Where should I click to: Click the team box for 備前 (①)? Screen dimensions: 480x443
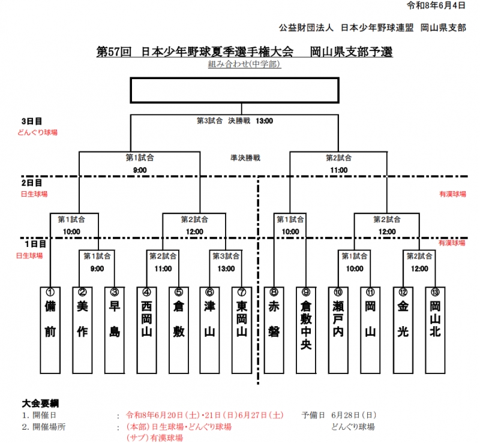pyautogui.click(x=50, y=330)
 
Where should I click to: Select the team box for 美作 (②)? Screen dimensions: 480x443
pyautogui.click(x=82, y=330)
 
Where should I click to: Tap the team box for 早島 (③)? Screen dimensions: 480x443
pyautogui.click(x=115, y=330)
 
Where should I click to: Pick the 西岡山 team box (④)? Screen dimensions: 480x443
pyautogui.click(x=146, y=330)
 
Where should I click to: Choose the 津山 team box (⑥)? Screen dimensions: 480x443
pyautogui.click(x=209, y=330)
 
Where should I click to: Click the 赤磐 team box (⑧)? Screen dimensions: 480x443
pyautogui.click(x=274, y=330)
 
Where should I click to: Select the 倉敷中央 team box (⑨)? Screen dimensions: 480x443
pyautogui.click(x=306, y=330)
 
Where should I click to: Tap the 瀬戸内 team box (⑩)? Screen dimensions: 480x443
pyautogui.click(x=338, y=330)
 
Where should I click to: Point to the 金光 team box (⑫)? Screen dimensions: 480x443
pyautogui.click(x=403, y=330)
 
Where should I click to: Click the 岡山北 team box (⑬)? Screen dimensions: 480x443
pyautogui.click(x=436, y=330)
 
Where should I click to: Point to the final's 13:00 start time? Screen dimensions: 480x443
pyautogui.click(x=264, y=121)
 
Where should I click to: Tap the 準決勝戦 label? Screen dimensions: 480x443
pyautogui.click(x=245, y=158)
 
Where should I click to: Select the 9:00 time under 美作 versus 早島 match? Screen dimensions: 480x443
pyautogui.click(x=97, y=269)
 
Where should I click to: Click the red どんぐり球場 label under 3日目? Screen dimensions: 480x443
pyautogui.click(x=37, y=132)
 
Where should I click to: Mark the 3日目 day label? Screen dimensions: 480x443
pyautogui.click(x=32, y=121)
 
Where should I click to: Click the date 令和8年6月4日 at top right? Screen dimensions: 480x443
pyautogui.click(x=436, y=5)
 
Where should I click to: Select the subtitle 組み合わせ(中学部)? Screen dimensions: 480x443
pyautogui.click(x=244, y=64)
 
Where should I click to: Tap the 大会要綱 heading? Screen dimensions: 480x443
pyautogui.click(x=40, y=403)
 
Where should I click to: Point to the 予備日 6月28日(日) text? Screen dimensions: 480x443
pyautogui.click(x=339, y=415)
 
